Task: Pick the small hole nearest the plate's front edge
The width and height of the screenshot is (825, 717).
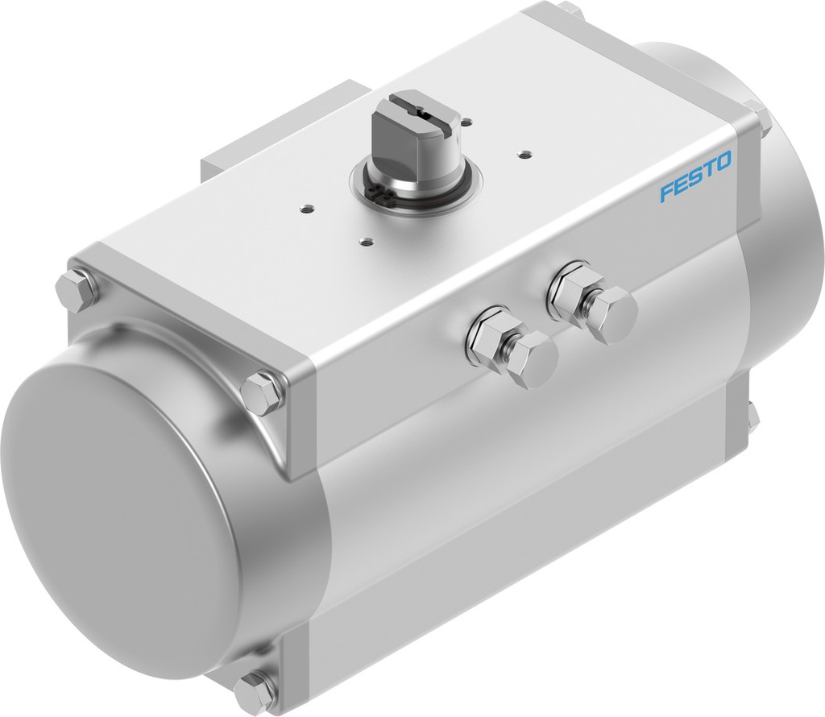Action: [x=367, y=241]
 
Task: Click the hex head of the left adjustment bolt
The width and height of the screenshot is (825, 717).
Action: [x=533, y=359]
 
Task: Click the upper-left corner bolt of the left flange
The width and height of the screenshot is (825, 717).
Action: [x=77, y=291]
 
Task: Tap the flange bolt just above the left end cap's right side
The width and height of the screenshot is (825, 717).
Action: [x=262, y=392]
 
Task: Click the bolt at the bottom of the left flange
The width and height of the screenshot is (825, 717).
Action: [x=256, y=690]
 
